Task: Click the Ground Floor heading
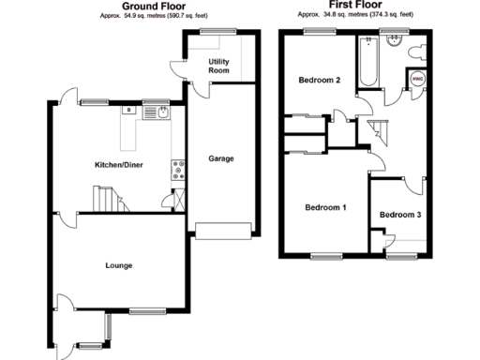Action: tap(153, 7)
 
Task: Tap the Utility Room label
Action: tap(218, 66)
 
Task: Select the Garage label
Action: tap(221, 158)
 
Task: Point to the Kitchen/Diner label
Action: tap(118, 165)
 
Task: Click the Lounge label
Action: tap(118, 266)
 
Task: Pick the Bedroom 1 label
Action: tap(324, 207)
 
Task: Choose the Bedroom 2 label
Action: tap(319, 80)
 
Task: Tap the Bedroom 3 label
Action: tap(400, 215)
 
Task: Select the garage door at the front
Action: tap(223, 230)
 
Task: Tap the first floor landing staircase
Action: tap(379, 132)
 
